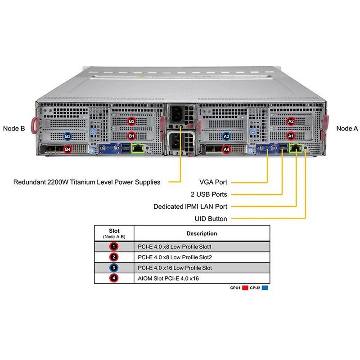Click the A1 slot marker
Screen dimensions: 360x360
[290, 135]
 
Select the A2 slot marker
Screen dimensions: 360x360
[290, 121]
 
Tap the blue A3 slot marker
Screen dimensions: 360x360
[226, 135]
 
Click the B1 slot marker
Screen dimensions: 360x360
[131, 135]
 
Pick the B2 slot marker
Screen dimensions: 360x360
[131, 121]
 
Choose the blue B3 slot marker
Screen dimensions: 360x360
[67, 135]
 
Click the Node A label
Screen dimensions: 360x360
[347, 128]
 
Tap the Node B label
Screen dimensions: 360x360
[14, 128]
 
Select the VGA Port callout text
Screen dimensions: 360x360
[213, 182]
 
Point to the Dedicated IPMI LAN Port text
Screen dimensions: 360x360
[190, 207]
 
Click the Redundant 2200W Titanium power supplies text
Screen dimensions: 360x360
[87, 182]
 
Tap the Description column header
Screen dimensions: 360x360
[202, 234]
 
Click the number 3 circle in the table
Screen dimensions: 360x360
[114, 268]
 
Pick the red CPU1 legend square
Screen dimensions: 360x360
[246, 287]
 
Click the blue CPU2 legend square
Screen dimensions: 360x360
[265, 287]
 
